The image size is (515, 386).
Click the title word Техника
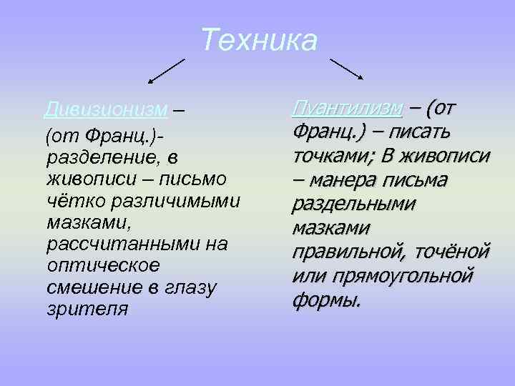[x=258, y=40]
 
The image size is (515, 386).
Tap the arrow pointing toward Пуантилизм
[x=346, y=69]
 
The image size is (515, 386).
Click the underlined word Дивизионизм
[x=106, y=111]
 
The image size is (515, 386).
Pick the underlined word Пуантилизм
[x=347, y=108]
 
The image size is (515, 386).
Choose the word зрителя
[x=87, y=310]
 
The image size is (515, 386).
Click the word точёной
[x=454, y=252]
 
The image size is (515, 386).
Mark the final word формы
[x=326, y=300]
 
